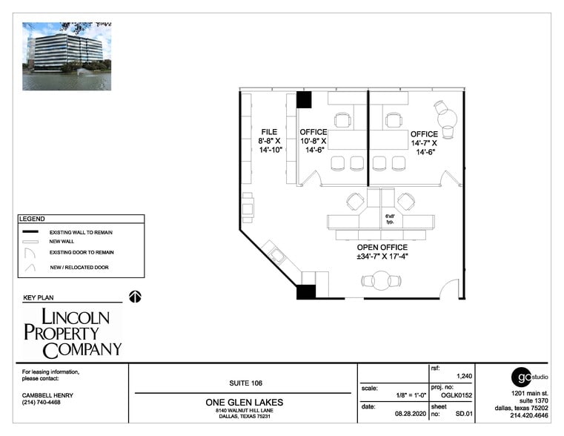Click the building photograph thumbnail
[x=67, y=56]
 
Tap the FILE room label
[x=268, y=132]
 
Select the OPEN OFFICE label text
[x=382, y=248]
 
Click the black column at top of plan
[x=305, y=99]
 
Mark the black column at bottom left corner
[x=305, y=291]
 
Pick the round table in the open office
[x=381, y=281]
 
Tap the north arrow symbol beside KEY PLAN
[x=135, y=297]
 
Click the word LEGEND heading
[x=32, y=219]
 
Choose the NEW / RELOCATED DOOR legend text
[x=79, y=267]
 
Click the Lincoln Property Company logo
[x=72, y=333]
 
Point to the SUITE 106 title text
[x=242, y=383]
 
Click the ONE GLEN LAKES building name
[x=243, y=403]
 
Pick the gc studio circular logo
[x=522, y=376]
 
